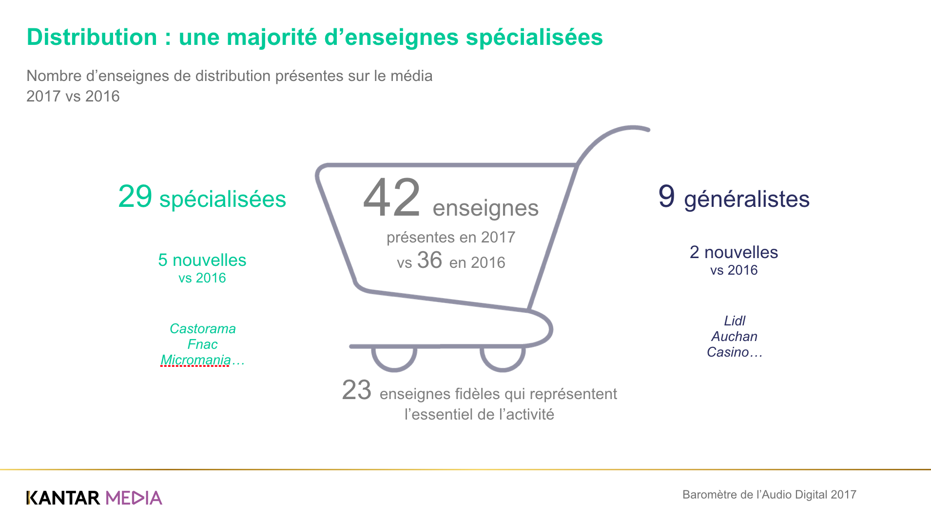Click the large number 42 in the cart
pyautogui.click(x=391, y=198)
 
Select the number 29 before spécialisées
pyautogui.click(x=135, y=197)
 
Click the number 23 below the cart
pyautogui.click(x=356, y=390)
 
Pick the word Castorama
pyautogui.click(x=202, y=329)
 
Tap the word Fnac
pyautogui.click(x=202, y=344)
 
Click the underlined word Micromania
pyautogui.click(x=195, y=360)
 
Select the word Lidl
pyautogui.click(x=735, y=321)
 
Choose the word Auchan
pyautogui.click(x=734, y=337)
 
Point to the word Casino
pyautogui.click(x=728, y=352)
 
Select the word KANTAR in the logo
pyautogui.click(x=63, y=498)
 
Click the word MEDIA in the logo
pyautogui.click(x=134, y=498)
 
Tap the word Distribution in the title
pyautogui.click(x=92, y=38)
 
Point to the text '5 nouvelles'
pyautogui.click(x=202, y=261)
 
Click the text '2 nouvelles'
pyautogui.click(x=734, y=253)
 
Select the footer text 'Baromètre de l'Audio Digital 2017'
pyautogui.click(x=769, y=495)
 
